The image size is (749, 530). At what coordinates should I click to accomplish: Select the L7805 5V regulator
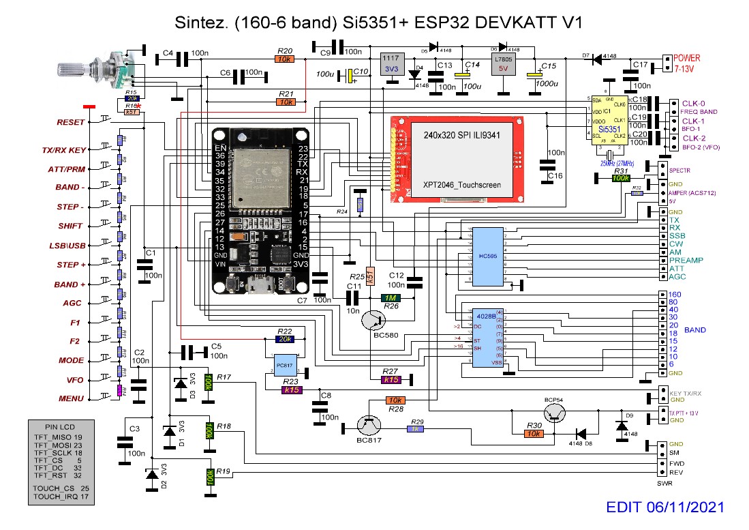pos(505,68)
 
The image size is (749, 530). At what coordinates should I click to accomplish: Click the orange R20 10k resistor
pos(286,59)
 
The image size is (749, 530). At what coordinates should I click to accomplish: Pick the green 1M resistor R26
pos(391,298)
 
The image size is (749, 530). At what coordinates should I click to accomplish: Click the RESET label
pos(72,123)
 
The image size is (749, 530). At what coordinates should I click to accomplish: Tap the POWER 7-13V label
pos(687,64)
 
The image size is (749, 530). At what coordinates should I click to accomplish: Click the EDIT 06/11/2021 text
pos(664,507)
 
